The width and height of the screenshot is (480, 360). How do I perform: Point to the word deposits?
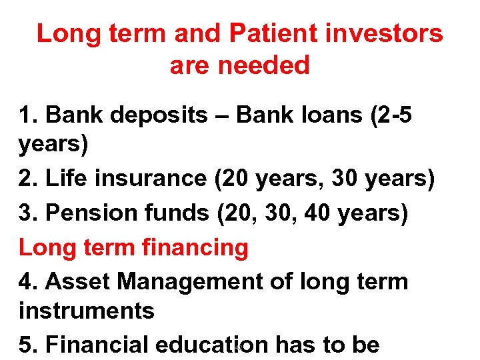[161, 115]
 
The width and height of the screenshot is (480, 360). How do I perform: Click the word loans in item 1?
[319, 115]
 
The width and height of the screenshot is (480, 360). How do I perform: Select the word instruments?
[87, 311]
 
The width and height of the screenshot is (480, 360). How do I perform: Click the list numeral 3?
[25, 213]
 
